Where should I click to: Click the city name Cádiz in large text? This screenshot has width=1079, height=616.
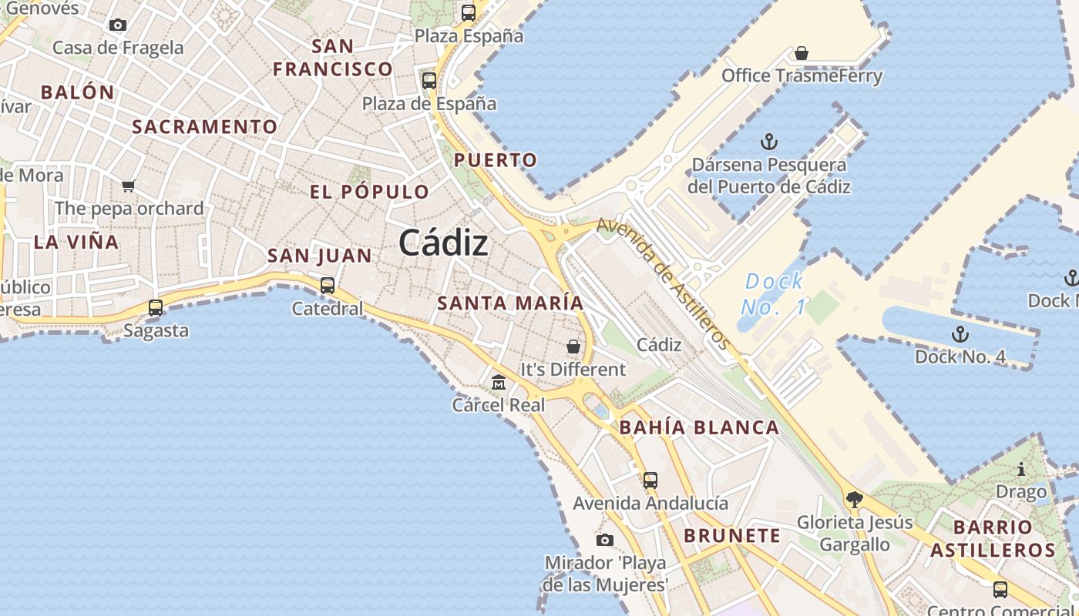pyautogui.click(x=443, y=243)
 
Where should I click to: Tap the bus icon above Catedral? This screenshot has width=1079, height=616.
pyautogui.click(x=328, y=285)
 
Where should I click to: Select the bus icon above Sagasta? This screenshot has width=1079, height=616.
pyautogui.click(x=156, y=308)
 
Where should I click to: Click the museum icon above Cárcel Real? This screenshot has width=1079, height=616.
pyautogui.click(x=499, y=382)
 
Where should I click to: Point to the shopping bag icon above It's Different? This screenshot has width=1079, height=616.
pyautogui.click(x=573, y=346)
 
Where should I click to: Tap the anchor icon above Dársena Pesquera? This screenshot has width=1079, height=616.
pyautogui.click(x=768, y=142)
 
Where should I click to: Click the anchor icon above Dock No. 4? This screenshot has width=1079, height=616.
pyautogui.click(x=960, y=334)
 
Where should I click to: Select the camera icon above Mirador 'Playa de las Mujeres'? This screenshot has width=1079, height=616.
pyautogui.click(x=605, y=540)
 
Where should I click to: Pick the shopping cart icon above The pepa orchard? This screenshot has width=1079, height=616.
pyautogui.click(x=129, y=186)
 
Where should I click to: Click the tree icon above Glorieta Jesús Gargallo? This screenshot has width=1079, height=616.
pyautogui.click(x=854, y=500)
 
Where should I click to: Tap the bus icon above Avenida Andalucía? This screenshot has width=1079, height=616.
pyautogui.click(x=650, y=480)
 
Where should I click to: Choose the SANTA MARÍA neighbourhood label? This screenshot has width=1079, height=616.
pyautogui.click(x=510, y=303)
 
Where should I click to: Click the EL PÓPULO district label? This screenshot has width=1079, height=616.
pyautogui.click(x=369, y=192)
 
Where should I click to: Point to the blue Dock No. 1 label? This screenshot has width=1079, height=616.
pyautogui.click(x=774, y=294)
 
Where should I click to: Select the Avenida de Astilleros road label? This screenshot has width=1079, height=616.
pyautogui.click(x=663, y=282)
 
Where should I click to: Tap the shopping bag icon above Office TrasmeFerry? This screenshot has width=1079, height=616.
pyautogui.click(x=802, y=53)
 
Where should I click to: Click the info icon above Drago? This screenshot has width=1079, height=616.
pyautogui.click(x=1021, y=468)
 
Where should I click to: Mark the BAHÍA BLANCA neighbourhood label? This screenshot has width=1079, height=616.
pyautogui.click(x=699, y=428)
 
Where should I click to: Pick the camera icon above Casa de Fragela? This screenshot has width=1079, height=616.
pyautogui.click(x=118, y=25)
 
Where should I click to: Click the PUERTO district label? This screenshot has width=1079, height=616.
pyautogui.click(x=495, y=160)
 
